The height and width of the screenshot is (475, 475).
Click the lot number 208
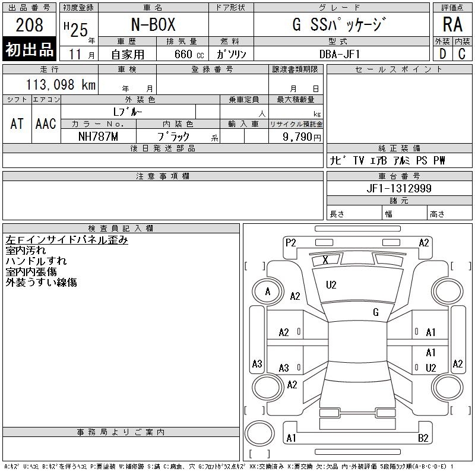coord(29,25)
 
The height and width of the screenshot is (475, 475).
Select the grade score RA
coord(452,24)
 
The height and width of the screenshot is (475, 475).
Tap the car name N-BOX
coord(153,24)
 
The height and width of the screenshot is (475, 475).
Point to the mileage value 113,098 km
coord(61,84)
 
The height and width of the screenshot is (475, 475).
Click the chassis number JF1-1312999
coord(399,188)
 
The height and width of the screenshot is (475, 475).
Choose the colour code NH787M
coord(98,137)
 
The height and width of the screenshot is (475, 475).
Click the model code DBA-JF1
coord(340,54)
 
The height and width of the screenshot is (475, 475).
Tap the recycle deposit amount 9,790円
coord(302,137)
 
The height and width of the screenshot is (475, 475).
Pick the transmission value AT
coord(17,123)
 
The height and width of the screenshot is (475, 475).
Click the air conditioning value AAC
coord(46,123)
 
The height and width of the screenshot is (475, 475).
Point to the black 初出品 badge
coord(29,49)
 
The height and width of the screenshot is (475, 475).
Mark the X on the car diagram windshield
coord(325,259)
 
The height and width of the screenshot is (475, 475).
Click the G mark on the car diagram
coord(376,312)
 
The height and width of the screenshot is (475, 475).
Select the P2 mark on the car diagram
coord(290,243)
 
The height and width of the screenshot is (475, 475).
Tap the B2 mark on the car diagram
coord(423,438)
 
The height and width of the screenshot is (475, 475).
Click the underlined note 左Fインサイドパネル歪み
coord(66,240)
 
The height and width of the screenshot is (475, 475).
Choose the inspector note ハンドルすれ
coord(36,261)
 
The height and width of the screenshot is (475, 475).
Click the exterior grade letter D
coord(442,54)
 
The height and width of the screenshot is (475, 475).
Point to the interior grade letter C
coord(462,54)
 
